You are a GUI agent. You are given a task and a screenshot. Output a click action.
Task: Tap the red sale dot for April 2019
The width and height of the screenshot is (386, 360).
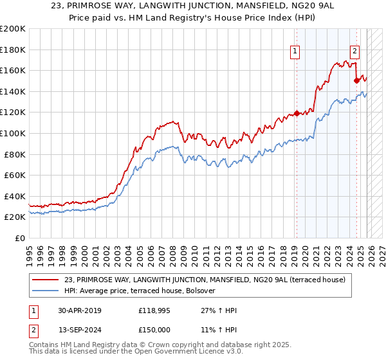tap(297, 114)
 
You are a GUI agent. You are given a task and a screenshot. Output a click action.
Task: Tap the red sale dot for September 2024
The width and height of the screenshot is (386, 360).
tap(356, 81)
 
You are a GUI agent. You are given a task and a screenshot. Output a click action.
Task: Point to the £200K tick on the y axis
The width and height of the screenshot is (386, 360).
tap(13, 29)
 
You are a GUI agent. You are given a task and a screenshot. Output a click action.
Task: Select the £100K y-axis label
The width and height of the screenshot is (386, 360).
tap(13, 133)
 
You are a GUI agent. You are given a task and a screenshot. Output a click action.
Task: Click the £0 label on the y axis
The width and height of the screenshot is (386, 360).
tap(20, 238)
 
